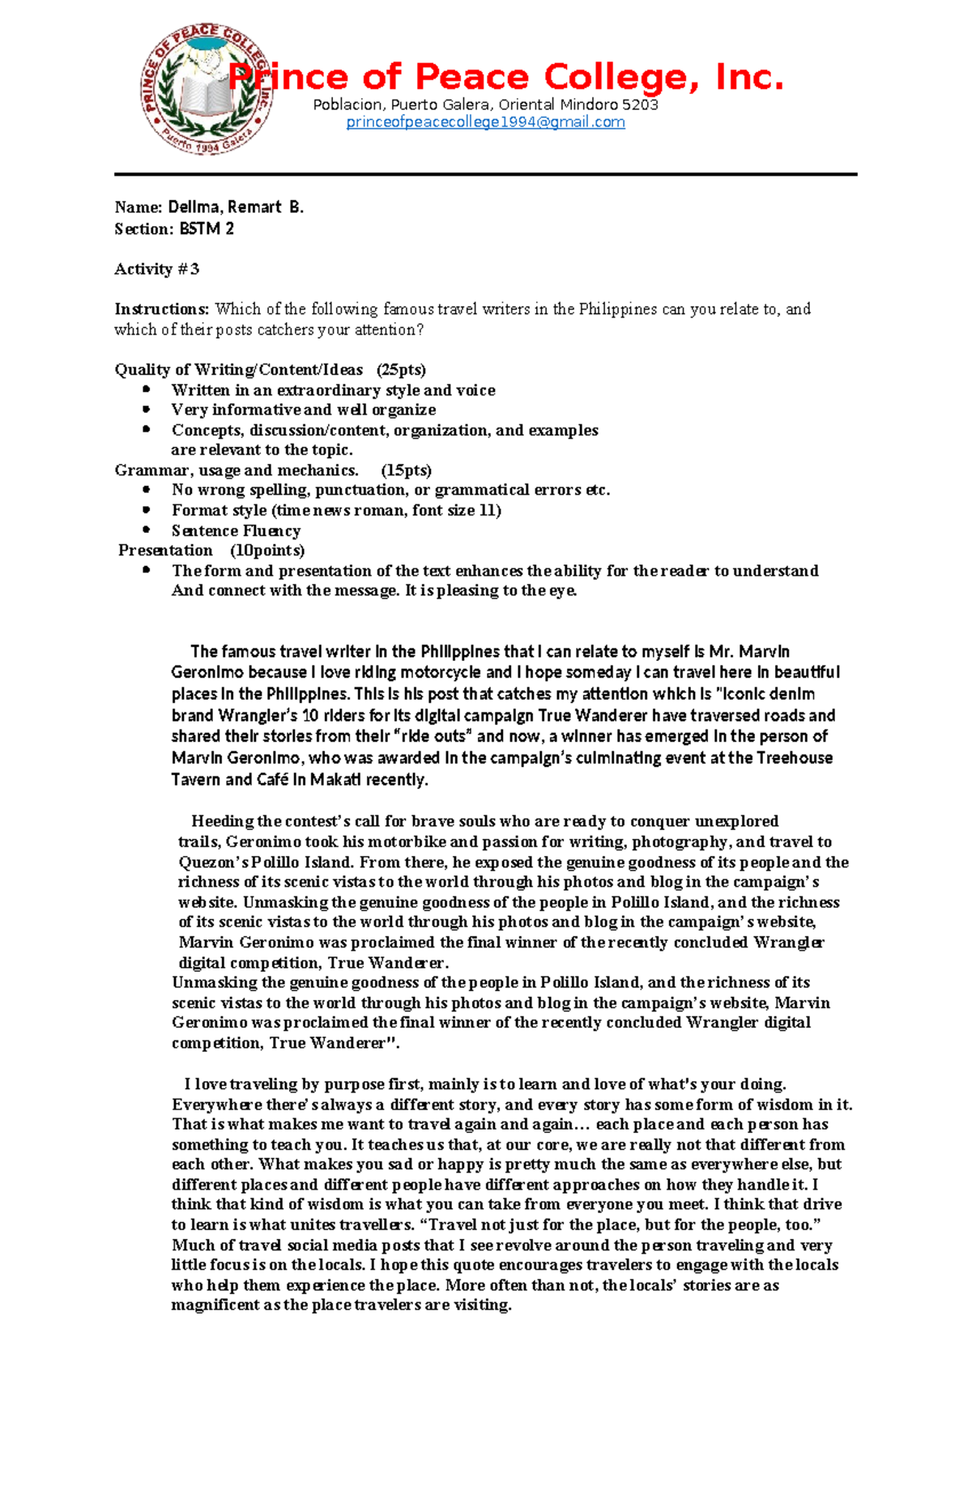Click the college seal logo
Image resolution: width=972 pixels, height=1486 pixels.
point(206,89)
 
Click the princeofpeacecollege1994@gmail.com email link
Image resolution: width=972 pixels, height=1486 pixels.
point(485,122)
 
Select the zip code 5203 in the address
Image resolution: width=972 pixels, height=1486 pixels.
point(640,104)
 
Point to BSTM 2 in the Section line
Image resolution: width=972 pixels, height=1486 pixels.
point(207,229)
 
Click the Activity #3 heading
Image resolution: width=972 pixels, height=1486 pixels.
point(156,269)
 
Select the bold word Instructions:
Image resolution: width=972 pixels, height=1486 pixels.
point(162,309)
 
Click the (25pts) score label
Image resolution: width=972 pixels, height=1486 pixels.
point(401,370)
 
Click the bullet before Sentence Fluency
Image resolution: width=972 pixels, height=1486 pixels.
point(147,530)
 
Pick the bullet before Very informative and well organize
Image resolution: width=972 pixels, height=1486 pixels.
point(147,409)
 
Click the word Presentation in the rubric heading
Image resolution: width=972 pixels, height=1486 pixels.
point(166,551)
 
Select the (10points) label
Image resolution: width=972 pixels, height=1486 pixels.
point(267,551)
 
